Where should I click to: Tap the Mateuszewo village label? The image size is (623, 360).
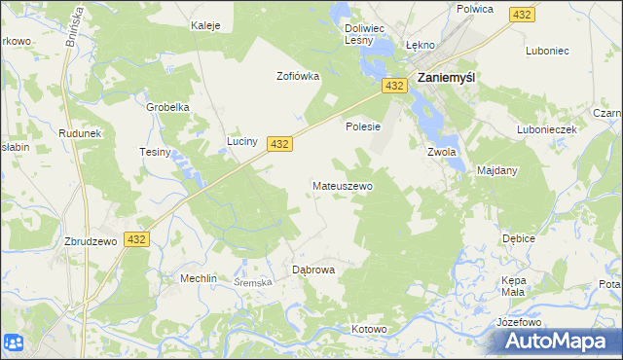(342, 185)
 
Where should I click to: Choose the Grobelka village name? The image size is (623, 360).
(167, 107)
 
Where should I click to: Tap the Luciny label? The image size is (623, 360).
(242, 141)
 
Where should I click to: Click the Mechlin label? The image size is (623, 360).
(198, 278)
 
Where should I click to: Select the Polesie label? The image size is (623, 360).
(362, 126)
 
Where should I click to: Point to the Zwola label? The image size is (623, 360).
(442, 152)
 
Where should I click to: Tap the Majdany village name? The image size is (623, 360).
(497, 170)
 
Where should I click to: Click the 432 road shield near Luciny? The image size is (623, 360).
(279, 143)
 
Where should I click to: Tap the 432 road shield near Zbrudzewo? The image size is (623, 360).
(136, 239)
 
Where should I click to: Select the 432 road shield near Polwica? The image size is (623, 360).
(522, 15)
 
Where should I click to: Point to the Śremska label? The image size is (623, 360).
(254, 281)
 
